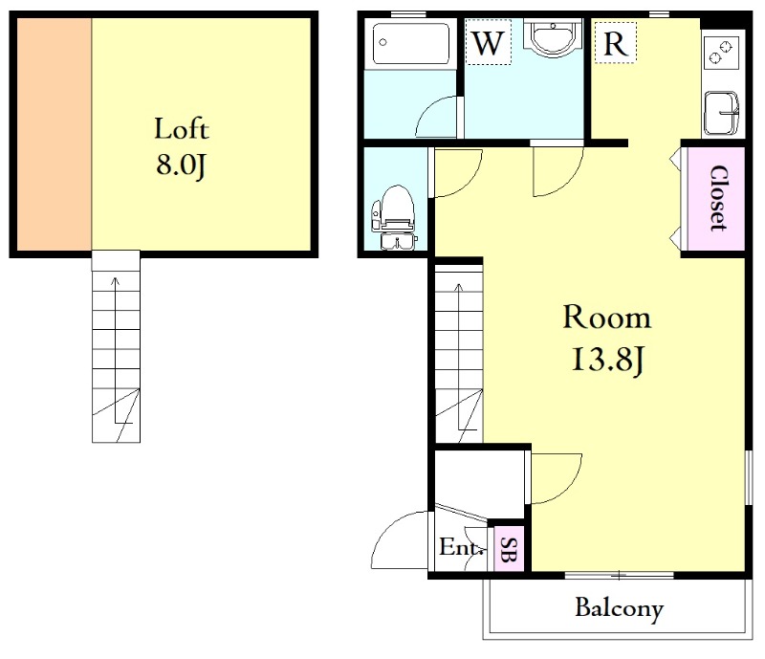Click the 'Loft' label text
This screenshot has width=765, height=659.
[x=182, y=129]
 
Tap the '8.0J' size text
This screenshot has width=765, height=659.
[x=181, y=165]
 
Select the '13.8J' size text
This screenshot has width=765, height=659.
[x=608, y=360]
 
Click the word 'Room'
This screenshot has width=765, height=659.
[x=607, y=318]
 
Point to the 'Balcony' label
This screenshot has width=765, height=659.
[x=619, y=608]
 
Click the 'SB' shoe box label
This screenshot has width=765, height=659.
[x=509, y=549]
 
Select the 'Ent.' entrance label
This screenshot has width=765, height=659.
[x=461, y=547]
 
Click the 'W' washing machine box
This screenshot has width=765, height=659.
[x=489, y=42]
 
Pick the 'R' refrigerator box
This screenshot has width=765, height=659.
[x=615, y=42]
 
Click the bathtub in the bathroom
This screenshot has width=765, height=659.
[x=410, y=43]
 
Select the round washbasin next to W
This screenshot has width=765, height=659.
[x=554, y=36]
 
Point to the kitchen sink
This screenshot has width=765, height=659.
[x=721, y=113]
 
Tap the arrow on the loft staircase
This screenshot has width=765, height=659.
[x=116, y=350]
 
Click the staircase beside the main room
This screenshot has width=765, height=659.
[x=459, y=354]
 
